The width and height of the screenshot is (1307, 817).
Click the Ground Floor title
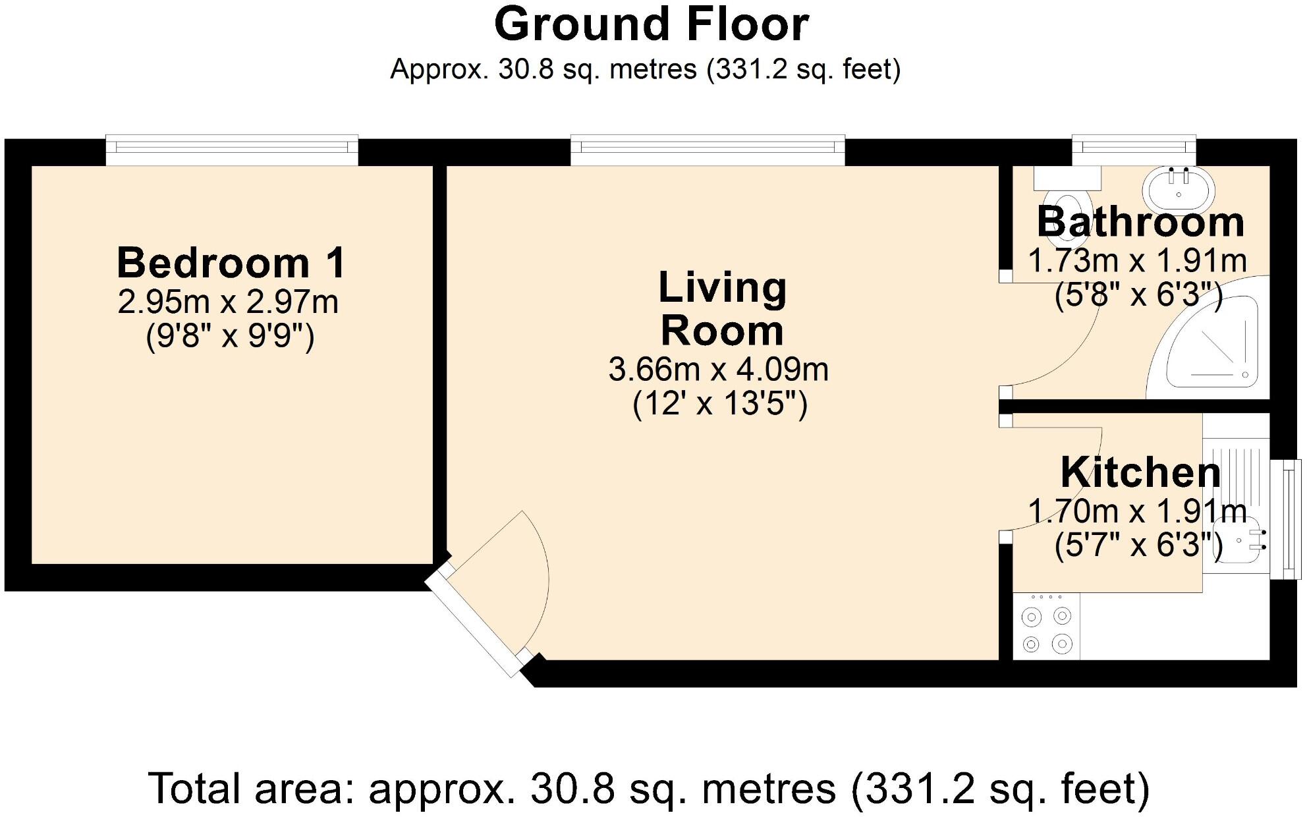[x=651, y=25]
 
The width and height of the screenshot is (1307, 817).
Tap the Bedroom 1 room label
[x=231, y=263]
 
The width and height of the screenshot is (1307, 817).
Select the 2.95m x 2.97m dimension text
[x=228, y=302]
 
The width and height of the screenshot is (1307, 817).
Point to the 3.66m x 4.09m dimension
[x=718, y=370]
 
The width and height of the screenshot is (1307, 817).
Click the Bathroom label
[x=1140, y=222]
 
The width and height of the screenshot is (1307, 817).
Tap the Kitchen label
[x=1140, y=472]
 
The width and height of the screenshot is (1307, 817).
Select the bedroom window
[x=232, y=151]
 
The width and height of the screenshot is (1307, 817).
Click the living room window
[x=708, y=151]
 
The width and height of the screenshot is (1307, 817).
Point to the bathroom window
[x=1134, y=151]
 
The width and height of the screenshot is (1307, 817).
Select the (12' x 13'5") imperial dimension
[x=719, y=404]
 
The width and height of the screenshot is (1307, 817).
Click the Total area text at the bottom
[x=649, y=788]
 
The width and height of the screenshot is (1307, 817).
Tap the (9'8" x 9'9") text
[x=230, y=337]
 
